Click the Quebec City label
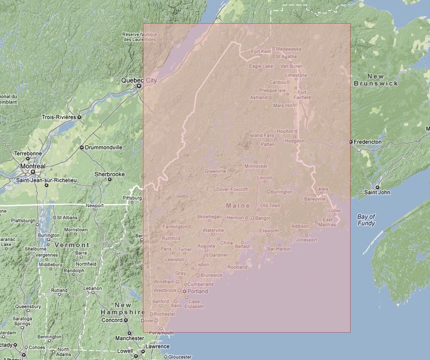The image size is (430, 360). point(139,80)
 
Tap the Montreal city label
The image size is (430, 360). point(33,166)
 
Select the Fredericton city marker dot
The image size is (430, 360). point(351,142)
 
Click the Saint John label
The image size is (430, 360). point(377,192)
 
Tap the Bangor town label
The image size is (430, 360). point(262,218)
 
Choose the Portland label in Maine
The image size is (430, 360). point(198,291)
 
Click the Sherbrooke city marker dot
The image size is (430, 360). point(110,179)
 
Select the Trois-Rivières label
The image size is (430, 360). point(59,117)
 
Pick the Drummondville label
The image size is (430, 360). point(105,147)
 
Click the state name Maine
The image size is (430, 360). point(238,205)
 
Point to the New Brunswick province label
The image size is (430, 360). point(375,80)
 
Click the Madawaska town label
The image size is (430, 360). point(289,49)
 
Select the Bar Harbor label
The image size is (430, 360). point(279,249)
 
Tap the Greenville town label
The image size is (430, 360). point(215,171)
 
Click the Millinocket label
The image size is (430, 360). point(256,166)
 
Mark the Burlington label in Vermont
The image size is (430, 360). point(49,235)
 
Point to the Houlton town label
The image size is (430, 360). point(285,131)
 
